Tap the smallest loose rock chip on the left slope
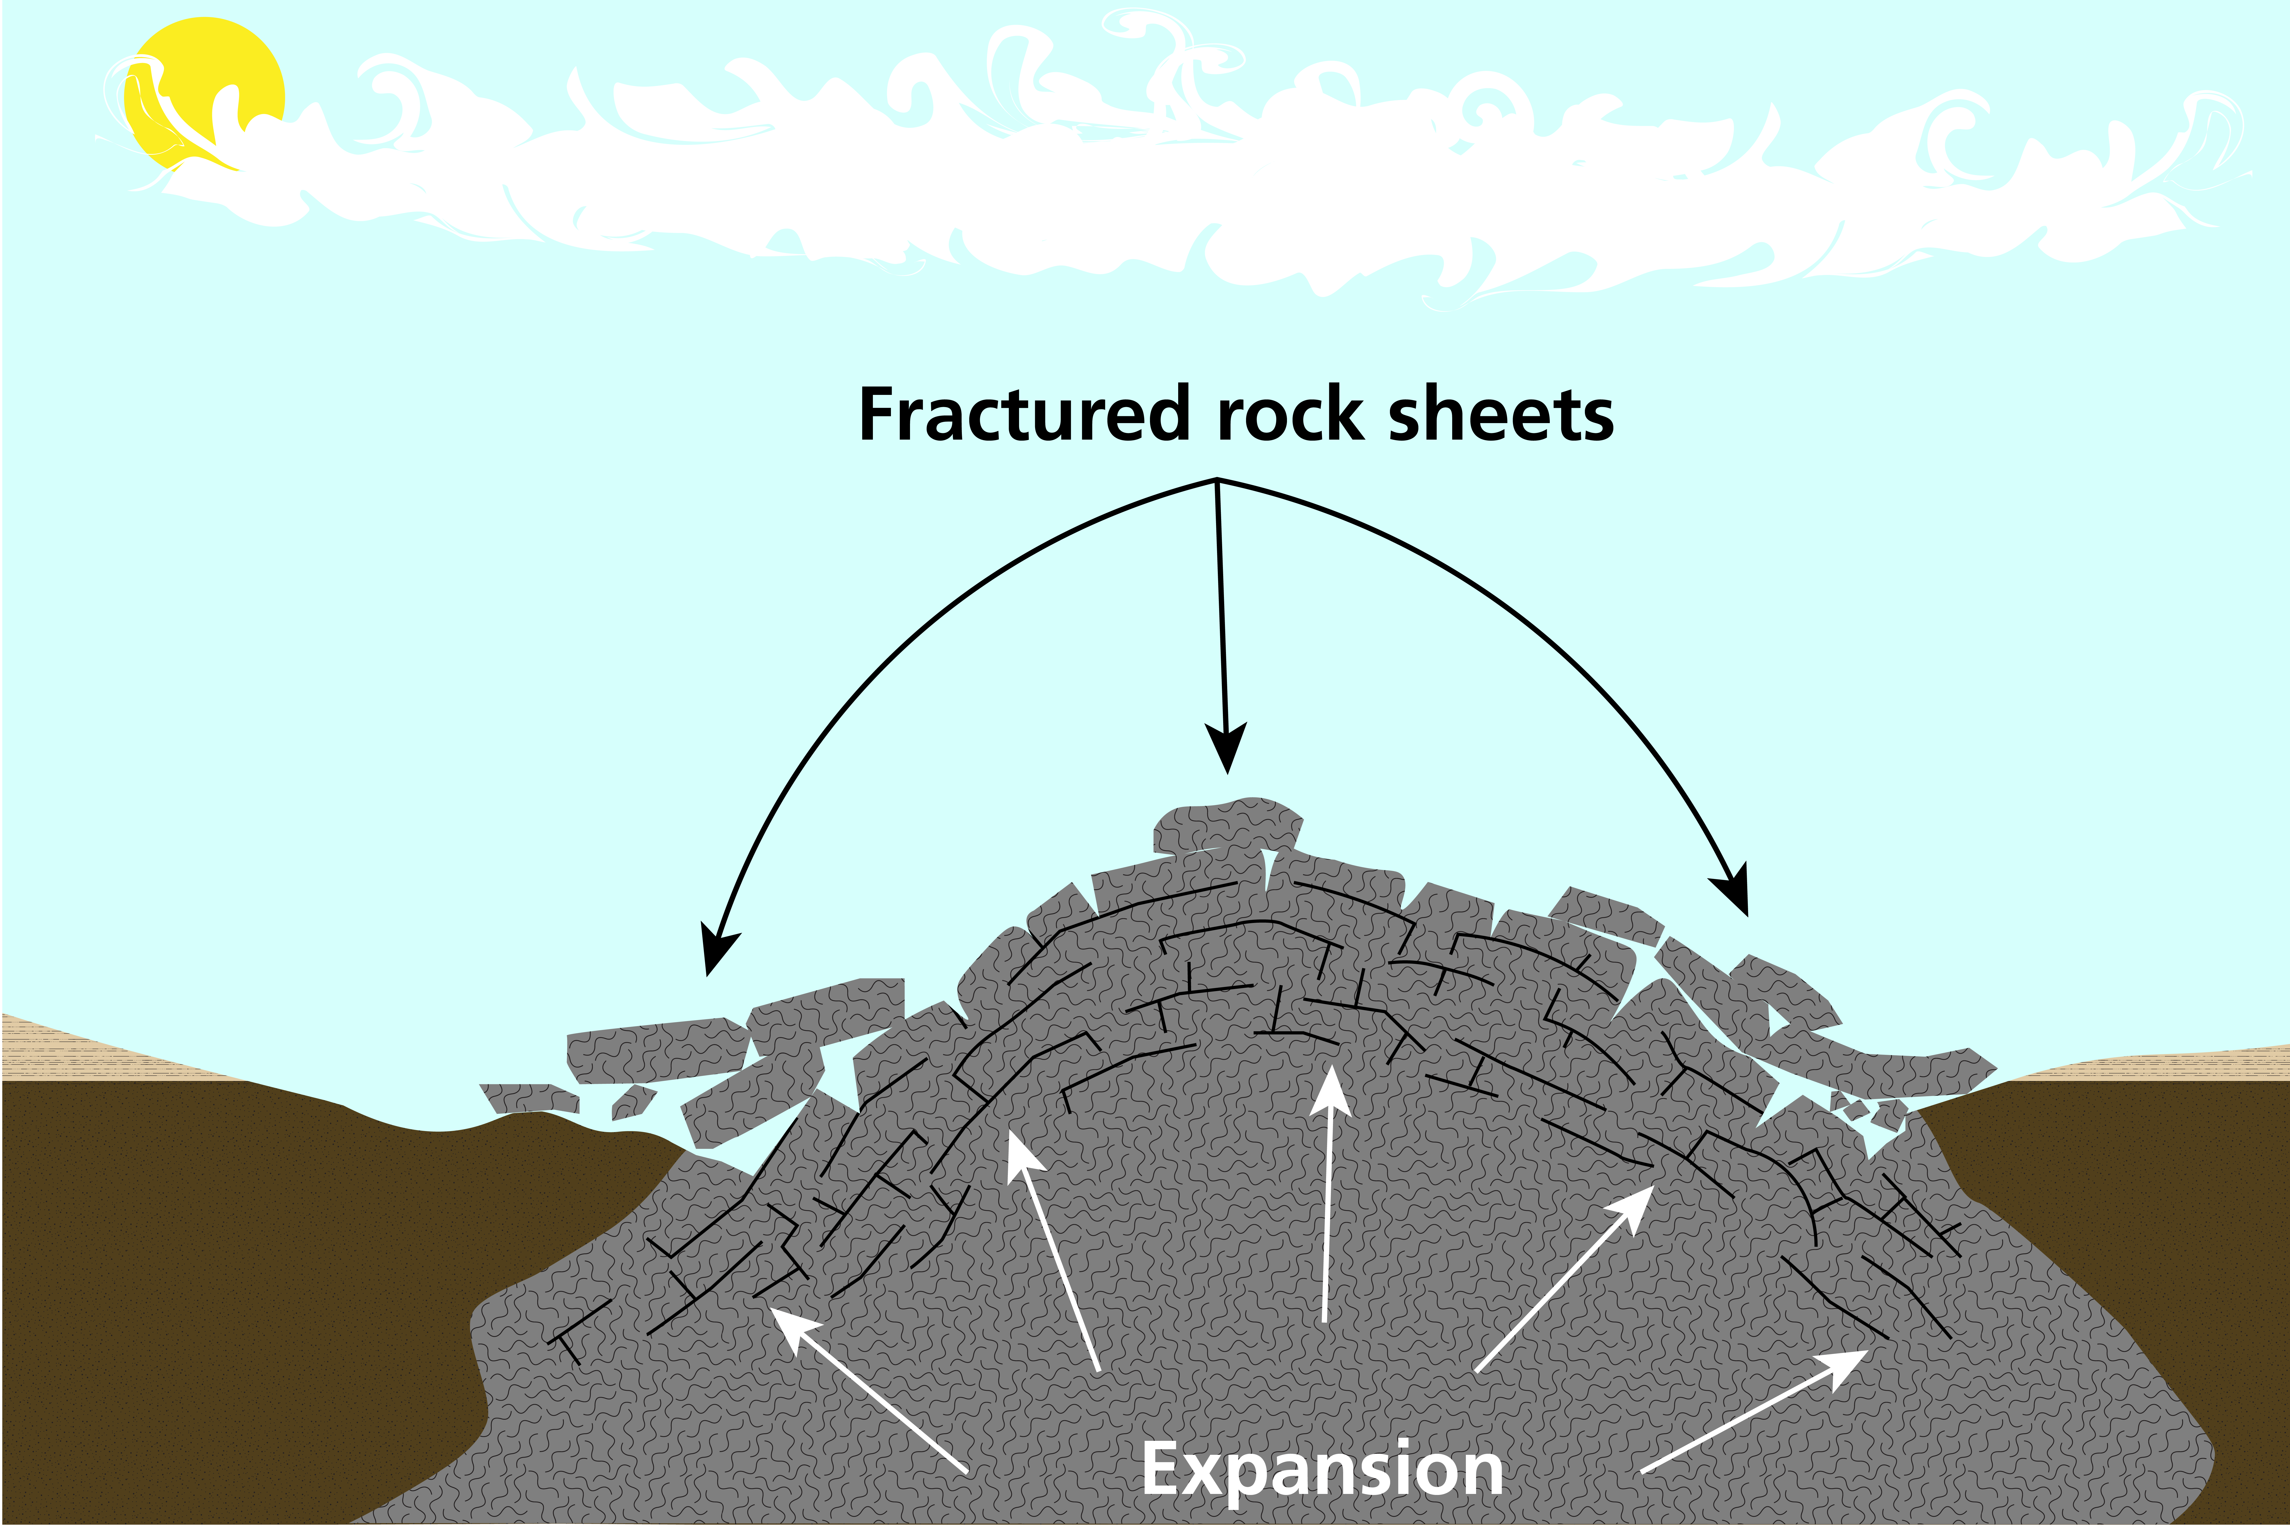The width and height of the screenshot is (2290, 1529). click(632, 1102)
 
